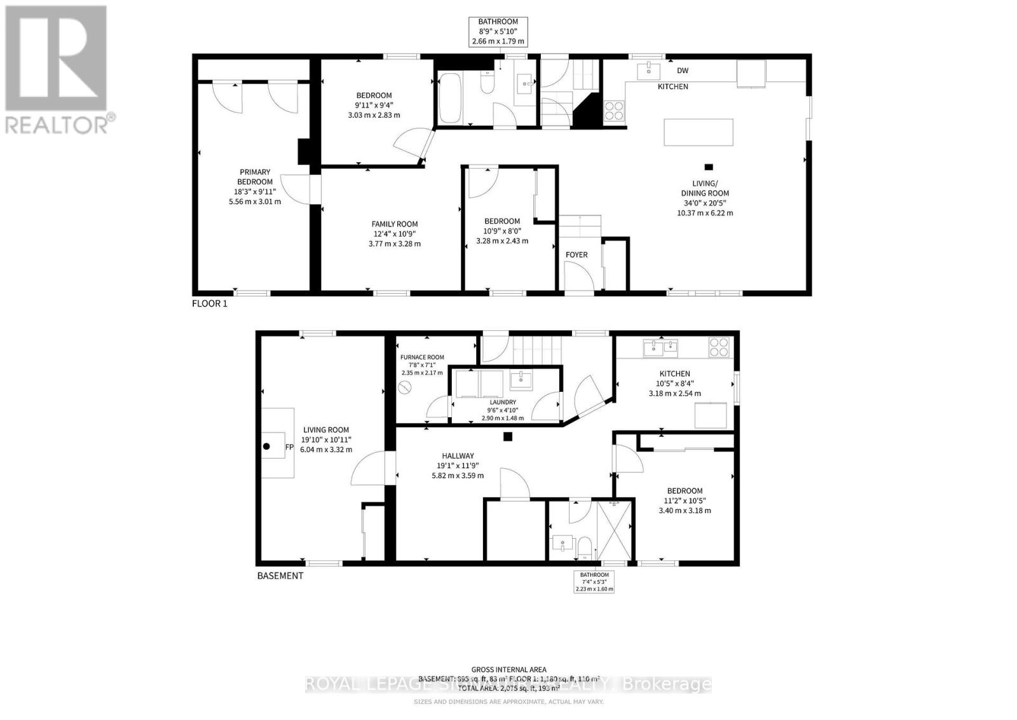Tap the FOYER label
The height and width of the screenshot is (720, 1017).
coord(577,255)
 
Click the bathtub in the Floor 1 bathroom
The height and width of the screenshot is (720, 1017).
coord(451,99)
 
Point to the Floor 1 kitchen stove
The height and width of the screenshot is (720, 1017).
coord(614,111)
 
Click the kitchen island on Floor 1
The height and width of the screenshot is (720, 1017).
coord(698,132)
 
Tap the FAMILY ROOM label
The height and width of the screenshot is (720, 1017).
coord(395,224)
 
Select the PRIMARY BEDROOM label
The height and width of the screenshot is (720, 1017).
coord(255,177)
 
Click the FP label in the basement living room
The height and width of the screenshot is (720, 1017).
coord(289,447)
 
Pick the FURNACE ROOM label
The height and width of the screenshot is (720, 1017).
coord(422,357)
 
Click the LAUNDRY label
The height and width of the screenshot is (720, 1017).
coord(502,403)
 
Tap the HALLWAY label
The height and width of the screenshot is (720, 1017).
coord(458,456)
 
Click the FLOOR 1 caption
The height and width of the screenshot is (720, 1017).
coord(209,304)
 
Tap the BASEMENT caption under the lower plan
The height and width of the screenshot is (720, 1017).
coord(280,576)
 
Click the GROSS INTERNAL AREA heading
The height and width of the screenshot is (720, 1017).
coord(508,669)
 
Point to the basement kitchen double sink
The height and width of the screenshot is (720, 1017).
coord(660,347)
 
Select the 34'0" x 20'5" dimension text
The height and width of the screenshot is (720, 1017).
coord(705,204)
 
